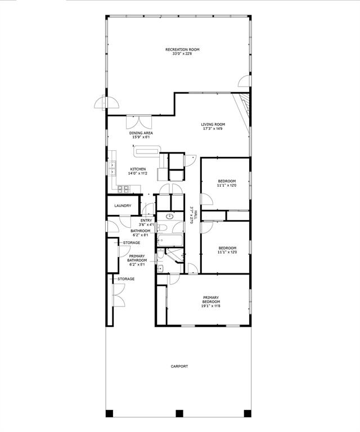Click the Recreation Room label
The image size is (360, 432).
[182, 49]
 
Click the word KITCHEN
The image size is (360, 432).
[138, 169]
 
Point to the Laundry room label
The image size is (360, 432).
[123, 206]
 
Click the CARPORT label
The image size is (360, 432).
[179, 366]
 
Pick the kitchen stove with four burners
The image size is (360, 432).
[120, 187]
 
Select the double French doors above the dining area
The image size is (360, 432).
[138, 123]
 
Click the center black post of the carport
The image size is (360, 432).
[179, 413]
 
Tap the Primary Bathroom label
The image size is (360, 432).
[137, 258]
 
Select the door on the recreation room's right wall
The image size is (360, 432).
[245, 82]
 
